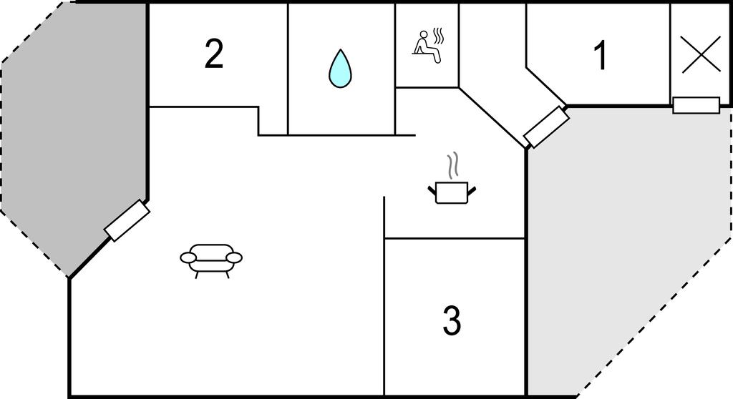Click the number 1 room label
[601, 56]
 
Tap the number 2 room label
[213, 54]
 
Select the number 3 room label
[451, 321]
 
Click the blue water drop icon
[340, 69]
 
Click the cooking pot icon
[452, 191]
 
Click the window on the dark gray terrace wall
[127, 221]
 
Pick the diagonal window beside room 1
[546, 127]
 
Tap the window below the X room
[696, 105]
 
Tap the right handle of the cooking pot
[471, 189]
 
